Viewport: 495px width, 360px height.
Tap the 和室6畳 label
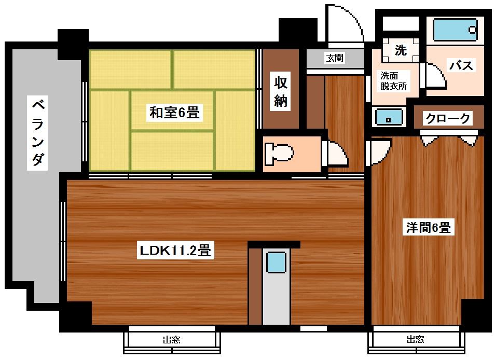(x=174, y=112)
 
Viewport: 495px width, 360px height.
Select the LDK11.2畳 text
(x=174, y=251)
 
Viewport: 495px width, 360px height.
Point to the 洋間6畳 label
(x=428, y=227)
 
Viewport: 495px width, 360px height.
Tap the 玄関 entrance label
(x=335, y=58)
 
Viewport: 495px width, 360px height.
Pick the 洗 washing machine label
(x=401, y=50)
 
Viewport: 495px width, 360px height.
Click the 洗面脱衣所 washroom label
(x=394, y=81)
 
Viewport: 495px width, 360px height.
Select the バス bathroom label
(x=461, y=65)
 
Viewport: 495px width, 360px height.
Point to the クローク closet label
(x=448, y=119)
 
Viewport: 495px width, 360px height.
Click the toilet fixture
(x=279, y=153)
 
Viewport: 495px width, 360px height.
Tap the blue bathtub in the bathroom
(x=455, y=30)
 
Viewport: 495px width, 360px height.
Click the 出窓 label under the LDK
(x=172, y=340)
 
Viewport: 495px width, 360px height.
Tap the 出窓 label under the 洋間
(x=415, y=340)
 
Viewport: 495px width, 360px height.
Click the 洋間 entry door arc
(x=378, y=151)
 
